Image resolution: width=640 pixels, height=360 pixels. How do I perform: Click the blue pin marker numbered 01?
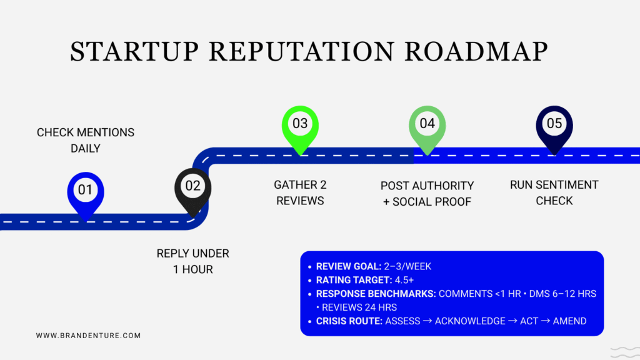click(x=86, y=190)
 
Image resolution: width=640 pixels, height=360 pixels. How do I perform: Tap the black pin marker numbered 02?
click(x=192, y=186)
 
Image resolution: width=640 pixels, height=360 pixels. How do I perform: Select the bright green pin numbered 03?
click(x=300, y=124)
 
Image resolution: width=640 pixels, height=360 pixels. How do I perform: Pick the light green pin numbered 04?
click(x=427, y=124)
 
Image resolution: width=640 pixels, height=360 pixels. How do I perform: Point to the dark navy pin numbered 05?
click(x=554, y=124)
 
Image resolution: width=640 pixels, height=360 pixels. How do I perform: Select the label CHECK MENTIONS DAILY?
click(x=86, y=141)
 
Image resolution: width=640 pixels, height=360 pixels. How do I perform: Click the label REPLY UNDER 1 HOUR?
click(x=192, y=261)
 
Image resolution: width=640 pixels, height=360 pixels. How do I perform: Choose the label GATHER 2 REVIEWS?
click(x=300, y=192)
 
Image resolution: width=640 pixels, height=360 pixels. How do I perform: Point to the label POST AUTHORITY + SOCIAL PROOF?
click(x=427, y=193)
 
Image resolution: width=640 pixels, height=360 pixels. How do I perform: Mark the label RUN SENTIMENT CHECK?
click(x=554, y=192)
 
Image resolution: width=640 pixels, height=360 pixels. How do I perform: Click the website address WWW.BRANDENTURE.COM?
click(x=88, y=336)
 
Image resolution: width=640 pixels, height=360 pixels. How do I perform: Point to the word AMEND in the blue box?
click(x=569, y=321)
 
